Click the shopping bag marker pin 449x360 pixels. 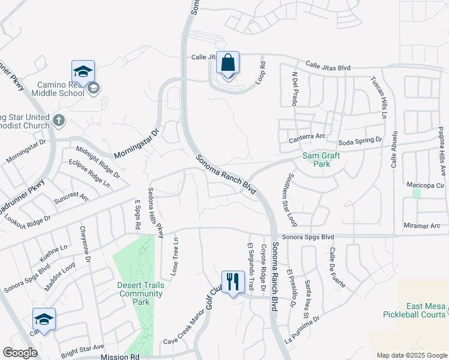point(228,63)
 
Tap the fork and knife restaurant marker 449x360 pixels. point(231,281)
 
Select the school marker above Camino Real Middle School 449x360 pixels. point(83,72)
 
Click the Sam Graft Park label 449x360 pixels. point(321,160)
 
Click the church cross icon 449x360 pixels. point(58,121)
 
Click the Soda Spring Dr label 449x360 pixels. point(360,141)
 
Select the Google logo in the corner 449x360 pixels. point(20,353)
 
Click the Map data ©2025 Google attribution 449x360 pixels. point(411,355)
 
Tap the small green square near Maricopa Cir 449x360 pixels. point(417,193)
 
